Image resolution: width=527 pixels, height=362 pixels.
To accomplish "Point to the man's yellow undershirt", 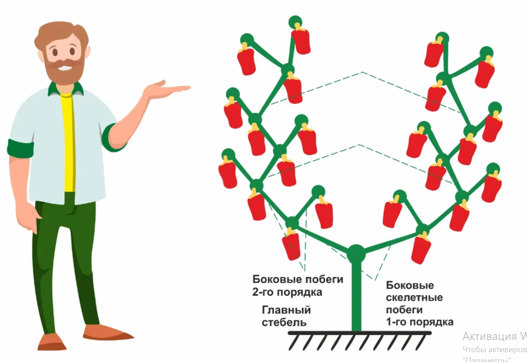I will click(68, 143).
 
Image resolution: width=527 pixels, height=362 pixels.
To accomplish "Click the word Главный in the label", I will click(286, 310).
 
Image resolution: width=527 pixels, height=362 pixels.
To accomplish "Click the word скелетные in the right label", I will click(414, 297).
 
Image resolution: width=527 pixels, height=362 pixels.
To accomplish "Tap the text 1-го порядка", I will click(419, 322).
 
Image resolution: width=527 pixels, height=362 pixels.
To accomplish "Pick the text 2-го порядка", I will click(287, 293).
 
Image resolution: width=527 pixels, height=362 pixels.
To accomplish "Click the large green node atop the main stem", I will click(356, 254).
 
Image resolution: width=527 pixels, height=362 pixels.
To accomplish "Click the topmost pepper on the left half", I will click(301, 40).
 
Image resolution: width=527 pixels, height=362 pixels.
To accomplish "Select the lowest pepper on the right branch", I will click(420, 249).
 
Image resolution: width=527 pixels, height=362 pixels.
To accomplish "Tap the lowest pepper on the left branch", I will click(291, 246).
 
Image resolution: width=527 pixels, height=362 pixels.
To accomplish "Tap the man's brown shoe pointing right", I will click(108, 333).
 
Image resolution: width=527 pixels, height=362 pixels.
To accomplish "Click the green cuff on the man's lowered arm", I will click(21, 148).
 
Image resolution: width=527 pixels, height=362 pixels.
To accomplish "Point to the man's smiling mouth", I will click(65, 68).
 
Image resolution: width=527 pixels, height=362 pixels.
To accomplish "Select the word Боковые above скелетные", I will click(410, 285).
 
